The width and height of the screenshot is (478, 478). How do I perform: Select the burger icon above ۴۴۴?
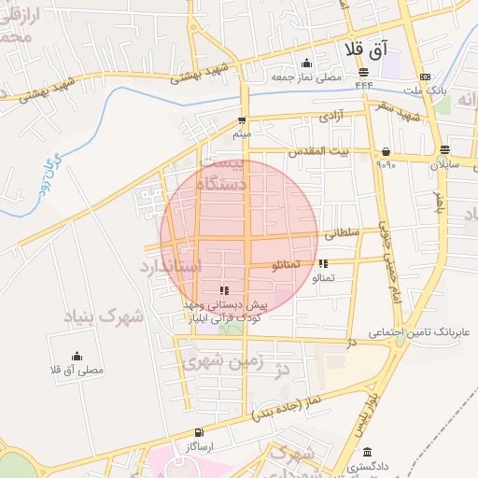pyautogui.click(x=363, y=74)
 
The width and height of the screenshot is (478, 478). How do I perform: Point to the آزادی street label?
pyautogui.click(x=331, y=117)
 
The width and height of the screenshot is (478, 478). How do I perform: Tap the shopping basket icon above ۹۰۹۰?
pyautogui.click(x=386, y=151)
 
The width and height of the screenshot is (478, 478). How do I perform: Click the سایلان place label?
pyautogui.click(x=445, y=163)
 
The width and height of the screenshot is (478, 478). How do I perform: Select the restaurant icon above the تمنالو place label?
pyautogui.click(x=323, y=264)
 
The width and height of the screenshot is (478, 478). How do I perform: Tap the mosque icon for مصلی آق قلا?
pyautogui.click(x=77, y=356)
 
